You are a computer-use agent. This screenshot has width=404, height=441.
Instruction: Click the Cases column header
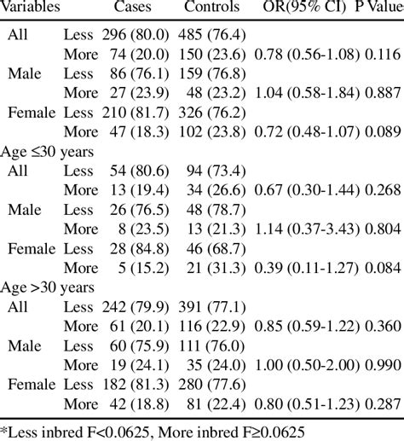[x=132, y=7]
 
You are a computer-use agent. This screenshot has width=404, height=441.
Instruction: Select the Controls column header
[x=211, y=7]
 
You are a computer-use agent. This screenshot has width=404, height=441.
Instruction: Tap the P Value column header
[x=379, y=7]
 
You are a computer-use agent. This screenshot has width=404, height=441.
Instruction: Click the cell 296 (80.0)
[x=136, y=35]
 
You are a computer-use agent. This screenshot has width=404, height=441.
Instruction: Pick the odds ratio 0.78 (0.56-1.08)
[x=307, y=55]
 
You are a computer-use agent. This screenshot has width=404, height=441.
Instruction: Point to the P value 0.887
[x=383, y=93]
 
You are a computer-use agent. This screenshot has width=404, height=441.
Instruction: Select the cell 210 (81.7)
[x=136, y=113]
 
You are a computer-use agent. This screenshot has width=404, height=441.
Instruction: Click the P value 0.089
[x=383, y=132]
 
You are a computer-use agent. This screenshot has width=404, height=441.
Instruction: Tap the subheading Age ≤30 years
[x=47, y=152]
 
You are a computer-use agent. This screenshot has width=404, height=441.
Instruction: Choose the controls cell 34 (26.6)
[x=216, y=190]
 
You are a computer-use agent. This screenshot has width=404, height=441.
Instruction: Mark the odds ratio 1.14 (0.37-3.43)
[x=307, y=229]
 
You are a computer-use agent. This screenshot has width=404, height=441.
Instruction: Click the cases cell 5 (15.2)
[x=143, y=268]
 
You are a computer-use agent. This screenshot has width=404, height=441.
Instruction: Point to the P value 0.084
[x=383, y=268]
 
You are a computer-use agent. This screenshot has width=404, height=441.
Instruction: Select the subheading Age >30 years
[x=47, y=287]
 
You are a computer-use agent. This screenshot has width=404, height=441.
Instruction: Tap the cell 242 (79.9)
[x=136, y=307]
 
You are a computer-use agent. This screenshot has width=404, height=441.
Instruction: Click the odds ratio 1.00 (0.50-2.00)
[x=307, y=365]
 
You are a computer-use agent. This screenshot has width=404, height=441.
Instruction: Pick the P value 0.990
[x=383, y=365]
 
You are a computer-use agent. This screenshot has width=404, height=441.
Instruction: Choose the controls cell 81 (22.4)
[x=216, y=404]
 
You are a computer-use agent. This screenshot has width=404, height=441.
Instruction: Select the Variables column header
[x=30, y=7]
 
